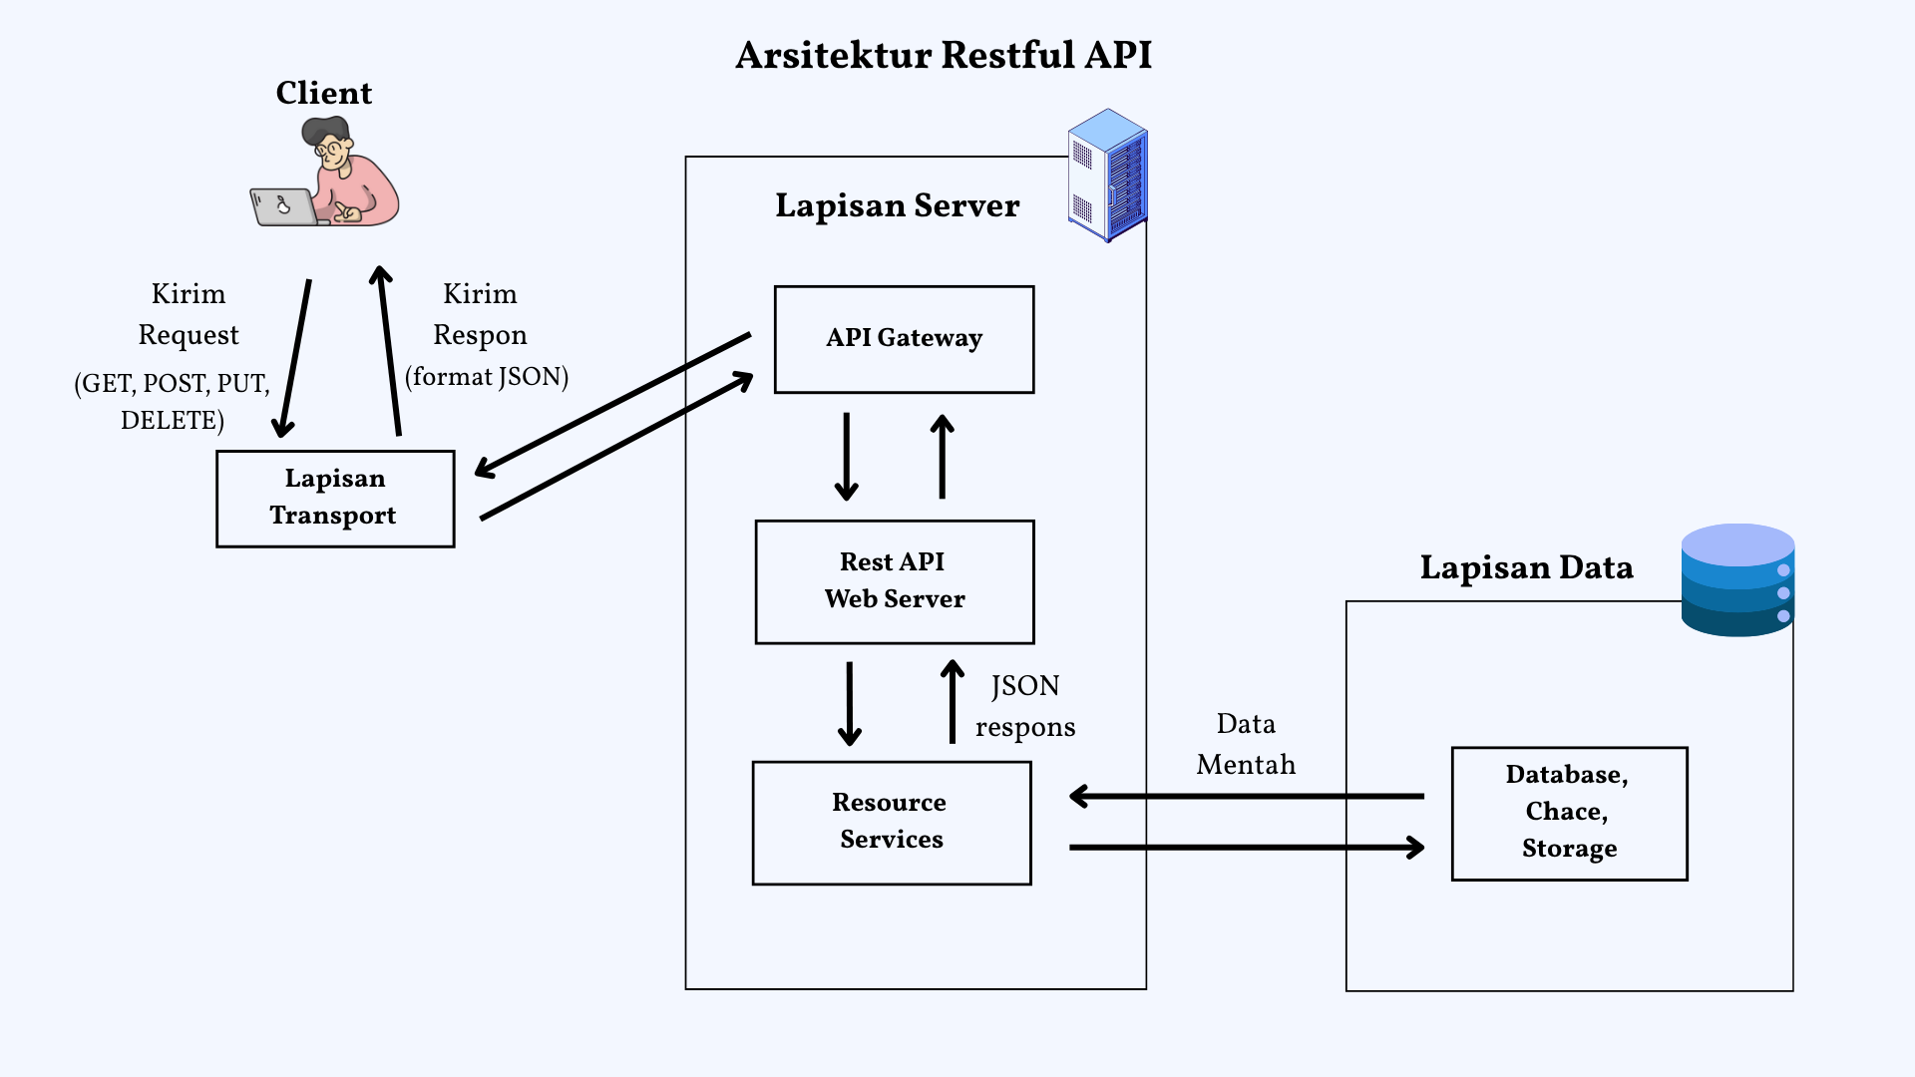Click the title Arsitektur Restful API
(x=944, y=55)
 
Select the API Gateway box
(x=904, y=340)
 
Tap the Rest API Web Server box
(x=895, y=581)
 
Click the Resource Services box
(x=892, y=823)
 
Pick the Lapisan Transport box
(x=335, y=499)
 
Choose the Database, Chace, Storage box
(x=1569, y=813)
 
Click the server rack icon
(x=1108, y=176)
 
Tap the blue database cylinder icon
(x=1737, y=580)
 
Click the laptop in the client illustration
(x=281, y=207)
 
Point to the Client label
(x=323, y=93)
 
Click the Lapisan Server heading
(x=897, y=205)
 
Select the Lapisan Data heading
(x=1526, y=567)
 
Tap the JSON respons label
(x=1024, y=706)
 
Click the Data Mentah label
(x=1246, y=744)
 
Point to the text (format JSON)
(x=487, y=377)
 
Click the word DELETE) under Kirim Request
(x=173, y=420)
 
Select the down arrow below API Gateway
(x=846, y=456)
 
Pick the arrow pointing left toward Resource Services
(x=1246, y=796)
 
